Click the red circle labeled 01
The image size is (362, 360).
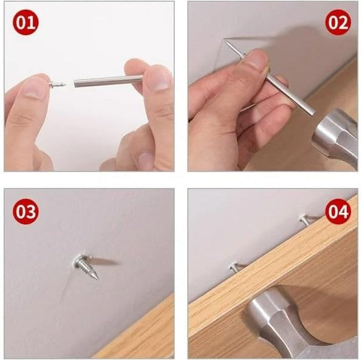(x=26, y=22)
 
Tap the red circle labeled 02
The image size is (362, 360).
(x=338, y=22)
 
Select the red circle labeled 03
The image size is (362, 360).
(x=26, y=212)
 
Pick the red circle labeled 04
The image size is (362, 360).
(x=338, y=212)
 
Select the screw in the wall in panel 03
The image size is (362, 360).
(x=86, y=266)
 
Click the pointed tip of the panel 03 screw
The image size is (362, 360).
(x=98, y=279)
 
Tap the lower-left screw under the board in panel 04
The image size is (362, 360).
(x=236, y=267)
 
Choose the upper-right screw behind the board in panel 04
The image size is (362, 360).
(x=306, y=219)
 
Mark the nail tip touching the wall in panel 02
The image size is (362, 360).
(x=224, y=40)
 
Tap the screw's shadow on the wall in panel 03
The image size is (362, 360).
(x=105, y=261)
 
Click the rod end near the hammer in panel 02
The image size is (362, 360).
(x=313, y=113)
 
